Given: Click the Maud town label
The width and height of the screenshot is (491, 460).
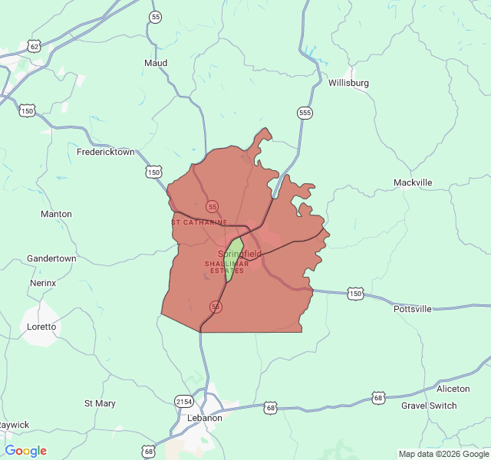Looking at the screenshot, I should (x=156, y=63).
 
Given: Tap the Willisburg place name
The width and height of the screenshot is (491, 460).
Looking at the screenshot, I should (x=348, y=83).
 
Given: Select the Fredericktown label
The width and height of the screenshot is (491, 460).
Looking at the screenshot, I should (x=105, y=152).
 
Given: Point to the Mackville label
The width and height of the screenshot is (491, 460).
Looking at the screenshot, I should (x=412, y=182).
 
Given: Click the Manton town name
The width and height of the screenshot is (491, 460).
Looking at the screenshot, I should (x=56, y=214).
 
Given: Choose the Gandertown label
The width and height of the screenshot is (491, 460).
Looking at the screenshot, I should (x=51, y=258).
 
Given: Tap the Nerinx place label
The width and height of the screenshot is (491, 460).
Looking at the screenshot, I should (x=43, y=283).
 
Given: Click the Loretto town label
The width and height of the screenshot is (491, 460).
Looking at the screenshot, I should (x=41, y=327).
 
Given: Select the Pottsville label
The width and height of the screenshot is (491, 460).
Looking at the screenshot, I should (x=412, y=309).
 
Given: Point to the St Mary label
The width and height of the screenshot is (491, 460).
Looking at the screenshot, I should (x=100, y=403).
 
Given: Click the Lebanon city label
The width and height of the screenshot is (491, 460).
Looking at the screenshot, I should (x=205, y=418).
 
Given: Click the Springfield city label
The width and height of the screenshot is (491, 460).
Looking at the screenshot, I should (x=239, y=254).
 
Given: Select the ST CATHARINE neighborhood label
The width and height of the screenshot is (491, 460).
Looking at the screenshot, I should (x=199, y=222).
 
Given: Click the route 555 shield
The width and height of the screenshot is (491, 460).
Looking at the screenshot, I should (x=305, y=113).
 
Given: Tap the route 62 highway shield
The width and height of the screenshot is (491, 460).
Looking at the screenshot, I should (x=35, y=47).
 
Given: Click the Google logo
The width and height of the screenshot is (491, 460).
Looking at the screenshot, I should (x=26, y=451).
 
